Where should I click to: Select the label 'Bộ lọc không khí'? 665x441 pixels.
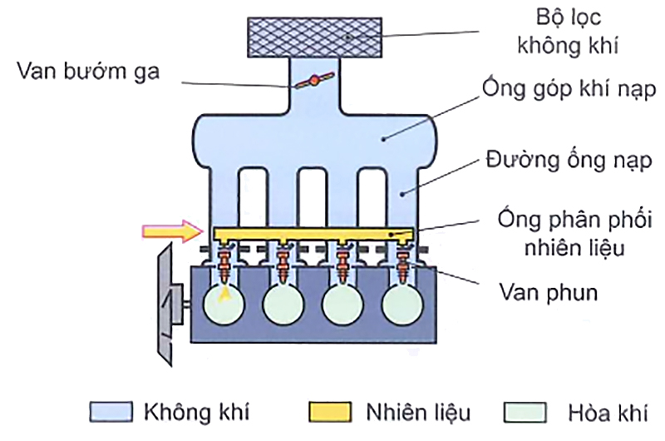(573, 31)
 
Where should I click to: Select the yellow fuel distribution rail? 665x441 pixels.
(315, 233)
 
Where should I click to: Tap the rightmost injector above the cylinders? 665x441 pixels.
(406, 263)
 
